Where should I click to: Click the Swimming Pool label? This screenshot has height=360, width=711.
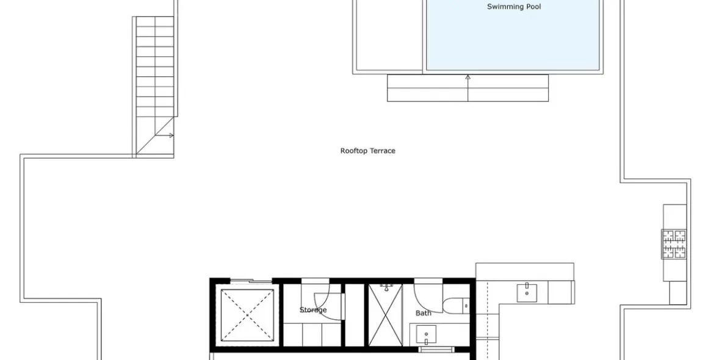click(x=514, y=6)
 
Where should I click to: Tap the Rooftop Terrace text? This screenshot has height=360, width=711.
click(x=368, y=151)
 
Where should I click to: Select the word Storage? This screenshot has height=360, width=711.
click(x=313, y=310)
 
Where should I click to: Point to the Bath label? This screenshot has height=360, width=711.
click(x=423, y=313)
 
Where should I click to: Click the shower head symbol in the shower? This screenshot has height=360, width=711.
click(x=386, y=287)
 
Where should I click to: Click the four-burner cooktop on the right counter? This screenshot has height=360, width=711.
click(x=674, y=244)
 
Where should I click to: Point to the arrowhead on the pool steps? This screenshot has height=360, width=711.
click(x=468, y=77)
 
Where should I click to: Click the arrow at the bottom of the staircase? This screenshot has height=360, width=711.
click(x=165, y=135)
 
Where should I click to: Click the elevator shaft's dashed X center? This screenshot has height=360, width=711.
click(x=248, y=315)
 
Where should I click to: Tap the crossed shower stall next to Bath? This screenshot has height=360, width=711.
click(x=386, y=315)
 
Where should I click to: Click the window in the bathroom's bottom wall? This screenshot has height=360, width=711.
click(x=436, y=349)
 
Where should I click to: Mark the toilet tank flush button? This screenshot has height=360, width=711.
click(x=466, y=306)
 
